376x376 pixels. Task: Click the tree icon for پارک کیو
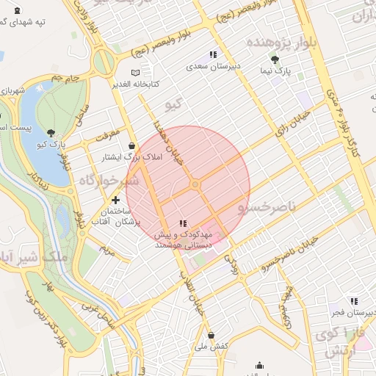pos(51,133)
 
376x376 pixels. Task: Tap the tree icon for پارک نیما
pos(275,60)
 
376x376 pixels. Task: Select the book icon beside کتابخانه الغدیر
pos(134,73)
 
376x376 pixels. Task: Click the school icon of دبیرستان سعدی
pos(213,54)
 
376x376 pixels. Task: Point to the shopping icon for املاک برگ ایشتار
pos(131,145)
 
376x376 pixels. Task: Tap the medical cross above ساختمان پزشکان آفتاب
pos(115,199)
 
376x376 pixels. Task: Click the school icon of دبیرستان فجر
pos(354,301)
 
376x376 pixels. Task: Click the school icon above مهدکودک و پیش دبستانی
pos(183,223)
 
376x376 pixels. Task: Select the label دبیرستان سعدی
pos(213,66)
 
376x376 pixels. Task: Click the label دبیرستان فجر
pos(352,313)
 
